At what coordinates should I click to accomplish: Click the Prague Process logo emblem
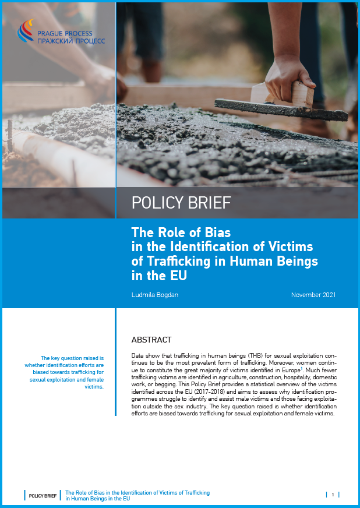click(26, 30)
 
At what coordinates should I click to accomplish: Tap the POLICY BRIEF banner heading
click(181, 203)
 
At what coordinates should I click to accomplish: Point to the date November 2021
click(313, 295)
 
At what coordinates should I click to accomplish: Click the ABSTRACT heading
click(151, 340)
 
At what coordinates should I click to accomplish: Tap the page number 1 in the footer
click(333, 495)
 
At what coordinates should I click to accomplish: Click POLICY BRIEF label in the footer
click(43, 495)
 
